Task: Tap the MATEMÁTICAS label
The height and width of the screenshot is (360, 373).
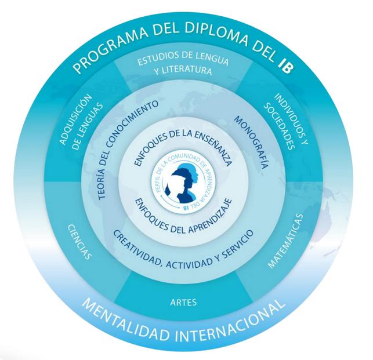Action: tap(285, 242)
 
